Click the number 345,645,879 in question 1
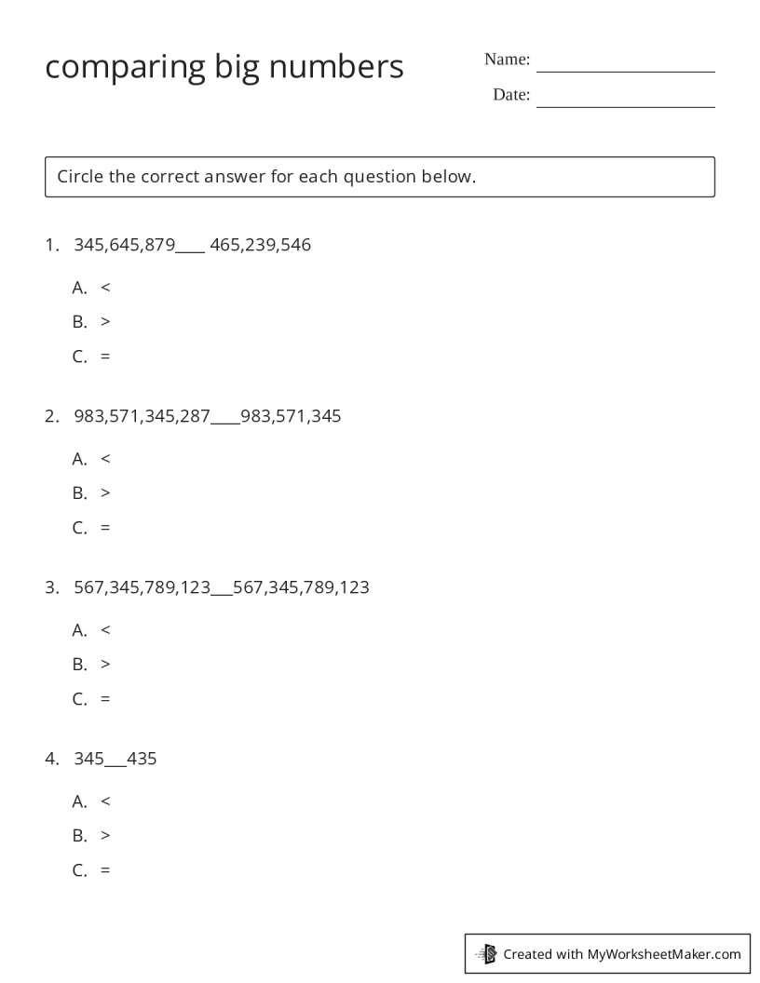pyautogui.click(x=124, y=246)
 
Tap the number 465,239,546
pyautogui.click(x=261, y=246)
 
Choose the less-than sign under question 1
pyautogui.click(x=105, y=288)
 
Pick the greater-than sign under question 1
pyautogui.click(x=105, y=322)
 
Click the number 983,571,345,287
pyautogui.click(x=142, y=417)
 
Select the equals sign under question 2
pyautogui.click(x=105, y=528)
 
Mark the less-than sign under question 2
pyautogui.click(x=105, y=459)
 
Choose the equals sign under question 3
pyautogui.click(x=105, y=699)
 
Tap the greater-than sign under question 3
pyautogui.click(x=105, y=665)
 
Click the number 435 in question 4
pyautogui.click(x=142, y=760)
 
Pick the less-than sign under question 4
pyautogui.click(x=105, y=801)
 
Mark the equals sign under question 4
pyautogui.click(x=105, y=870)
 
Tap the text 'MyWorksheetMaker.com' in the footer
pyautogui.click(x=663, y=954)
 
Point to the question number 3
pyautogui.click(x=50, y=588)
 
